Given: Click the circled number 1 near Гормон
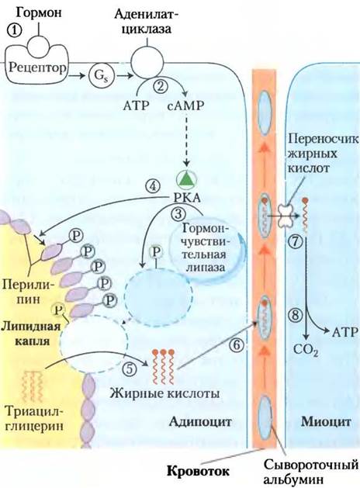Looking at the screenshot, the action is point(14,31).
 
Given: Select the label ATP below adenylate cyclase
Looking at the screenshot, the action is point(136,106).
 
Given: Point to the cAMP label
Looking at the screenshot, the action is point(185,106).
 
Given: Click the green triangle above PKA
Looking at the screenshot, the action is point(187,180).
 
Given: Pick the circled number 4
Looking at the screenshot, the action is point(153,187).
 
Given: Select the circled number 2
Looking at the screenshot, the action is point(161,86).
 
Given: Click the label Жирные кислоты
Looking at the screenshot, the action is point(164,393).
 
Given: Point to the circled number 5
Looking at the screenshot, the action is point(130,369).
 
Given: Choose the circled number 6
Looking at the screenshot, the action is point(237,344).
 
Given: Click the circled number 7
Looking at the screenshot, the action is point(295,241).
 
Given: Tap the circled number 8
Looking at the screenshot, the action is point(296,315).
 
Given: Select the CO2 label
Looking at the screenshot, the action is point(306,350).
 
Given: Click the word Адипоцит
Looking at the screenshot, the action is point(200,422).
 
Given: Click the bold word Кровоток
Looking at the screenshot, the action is point(199,471).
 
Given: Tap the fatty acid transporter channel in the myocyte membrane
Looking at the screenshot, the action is point(286,215).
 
